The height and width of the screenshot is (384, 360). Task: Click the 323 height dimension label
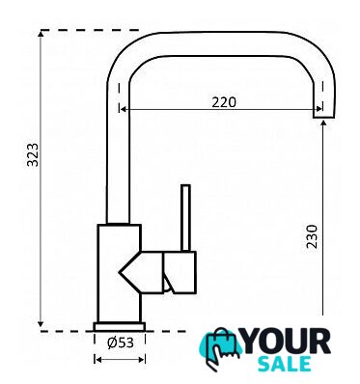tap(33, 154)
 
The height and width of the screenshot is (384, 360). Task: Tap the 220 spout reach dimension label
tap(224, 102)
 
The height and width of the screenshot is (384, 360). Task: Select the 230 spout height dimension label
tap(312, 236)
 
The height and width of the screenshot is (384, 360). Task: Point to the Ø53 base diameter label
tap(121, 343)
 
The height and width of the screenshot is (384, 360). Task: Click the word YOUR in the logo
tap(285, 342)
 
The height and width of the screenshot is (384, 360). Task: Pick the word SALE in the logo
tap(285, 364)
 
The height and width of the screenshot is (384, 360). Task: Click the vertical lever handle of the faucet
tap(185, 218)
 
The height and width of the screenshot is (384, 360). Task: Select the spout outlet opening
tap(324, 118)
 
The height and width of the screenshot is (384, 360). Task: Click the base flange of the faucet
tap(120, 326)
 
